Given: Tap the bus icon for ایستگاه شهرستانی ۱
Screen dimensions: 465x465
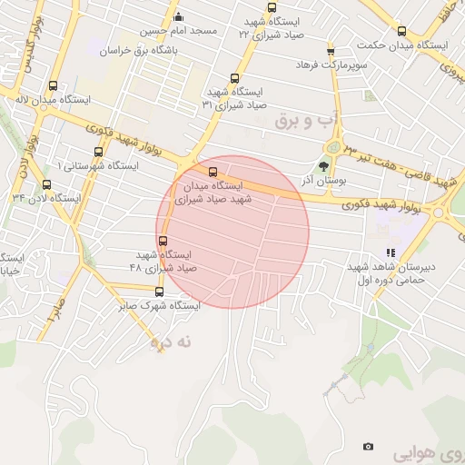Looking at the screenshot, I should click(97, 153).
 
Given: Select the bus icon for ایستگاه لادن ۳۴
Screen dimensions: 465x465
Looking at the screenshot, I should click(46, 184).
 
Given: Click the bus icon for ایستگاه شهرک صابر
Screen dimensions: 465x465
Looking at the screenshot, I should click(160, 292).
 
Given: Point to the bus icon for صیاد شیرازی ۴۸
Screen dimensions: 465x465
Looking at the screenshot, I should click(163, 242).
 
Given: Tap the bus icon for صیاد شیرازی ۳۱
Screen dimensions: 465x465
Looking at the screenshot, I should click(235, 78).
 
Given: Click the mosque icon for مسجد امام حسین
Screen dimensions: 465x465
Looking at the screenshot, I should click(178, 15).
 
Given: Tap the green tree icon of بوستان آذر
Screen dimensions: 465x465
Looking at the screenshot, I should click(324, 165).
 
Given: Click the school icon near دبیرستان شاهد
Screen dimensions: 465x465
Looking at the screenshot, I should click(391, 253).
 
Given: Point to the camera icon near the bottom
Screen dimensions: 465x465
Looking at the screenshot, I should click(368, 446).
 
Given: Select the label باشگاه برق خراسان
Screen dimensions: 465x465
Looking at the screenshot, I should click(141, 52).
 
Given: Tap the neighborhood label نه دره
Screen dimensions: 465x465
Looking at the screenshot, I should click(173, 342).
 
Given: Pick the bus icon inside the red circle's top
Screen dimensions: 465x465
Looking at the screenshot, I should click(213, 172).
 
